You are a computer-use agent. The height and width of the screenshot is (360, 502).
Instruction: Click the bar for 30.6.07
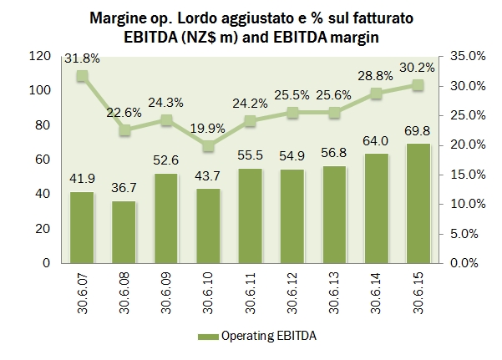(x=82, y=227)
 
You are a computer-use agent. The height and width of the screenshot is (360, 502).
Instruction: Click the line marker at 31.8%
(x=82, y=76)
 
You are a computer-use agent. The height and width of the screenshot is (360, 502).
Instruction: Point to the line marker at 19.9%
(x=209, y=146)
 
